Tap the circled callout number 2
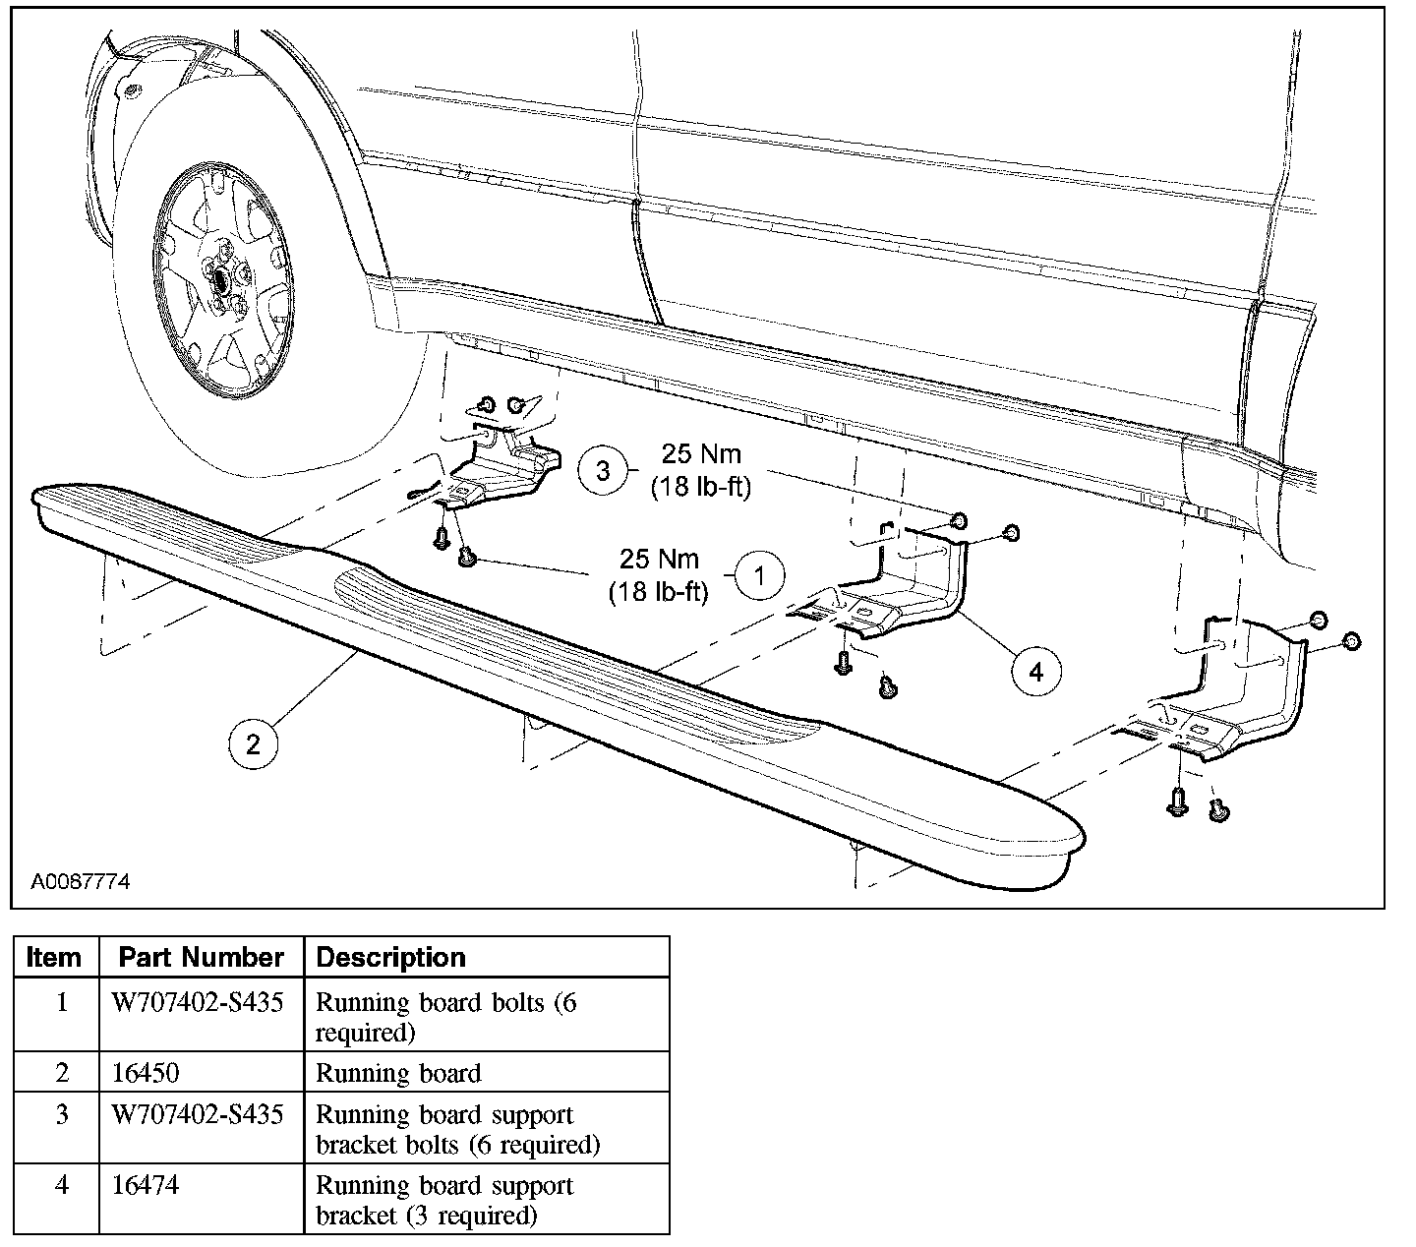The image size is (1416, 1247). click(x=253, y=743)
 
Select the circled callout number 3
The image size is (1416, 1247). click(x=603, y=470)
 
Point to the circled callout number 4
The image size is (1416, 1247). click(x=1035, y=672)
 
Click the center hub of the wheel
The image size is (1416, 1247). click(x=222, y=278)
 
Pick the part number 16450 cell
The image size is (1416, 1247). click(x=148, y=1073)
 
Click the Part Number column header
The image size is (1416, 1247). click(x=201, y=957)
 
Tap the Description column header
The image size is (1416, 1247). click(x=390, y=957)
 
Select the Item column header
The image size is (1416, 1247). click(x=55, y=957)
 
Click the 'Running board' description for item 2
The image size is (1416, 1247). click(x=398, y=1073)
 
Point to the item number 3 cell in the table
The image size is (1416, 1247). click(x=61, y=1115)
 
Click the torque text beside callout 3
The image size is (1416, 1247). click(x=701, y=470)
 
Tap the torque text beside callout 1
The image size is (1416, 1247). click(x=659, y=575)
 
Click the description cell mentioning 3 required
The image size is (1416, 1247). click(x=443, y=1200)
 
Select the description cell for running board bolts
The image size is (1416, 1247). click(x=444, y=1017)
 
